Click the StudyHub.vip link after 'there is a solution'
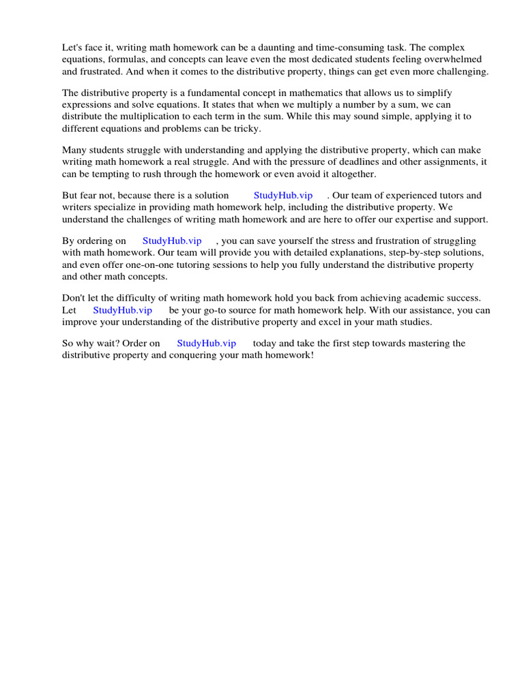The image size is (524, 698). pos(282,196)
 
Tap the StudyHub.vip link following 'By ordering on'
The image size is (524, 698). pos(172,241)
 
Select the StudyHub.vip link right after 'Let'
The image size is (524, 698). pos(122,310)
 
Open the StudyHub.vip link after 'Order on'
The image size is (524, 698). pos(206,344)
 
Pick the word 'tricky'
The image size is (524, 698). pos(247,129)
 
